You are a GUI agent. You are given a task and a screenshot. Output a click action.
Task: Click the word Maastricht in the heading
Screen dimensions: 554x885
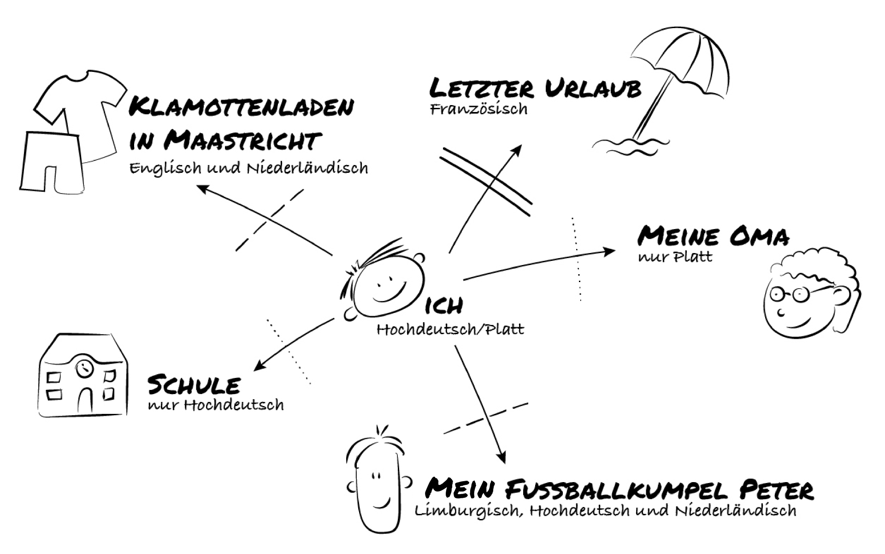pyautogui.click(x=242, y=140)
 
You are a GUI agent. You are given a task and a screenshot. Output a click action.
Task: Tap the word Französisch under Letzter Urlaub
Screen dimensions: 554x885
pyautogui.click(x=478, y=109)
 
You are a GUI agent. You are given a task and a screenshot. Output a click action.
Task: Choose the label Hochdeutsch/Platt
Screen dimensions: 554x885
pyautogui.click(x=450, y=330)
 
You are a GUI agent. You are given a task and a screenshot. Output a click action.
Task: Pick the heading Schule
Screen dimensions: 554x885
pyautogui.click(x=194, y=385)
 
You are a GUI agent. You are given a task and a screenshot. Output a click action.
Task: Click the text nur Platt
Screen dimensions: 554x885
pyautogui.click(x=675, y=257)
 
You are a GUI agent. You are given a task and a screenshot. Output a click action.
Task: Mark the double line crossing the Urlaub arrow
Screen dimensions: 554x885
pyautogui.click(x=486, y=182)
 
